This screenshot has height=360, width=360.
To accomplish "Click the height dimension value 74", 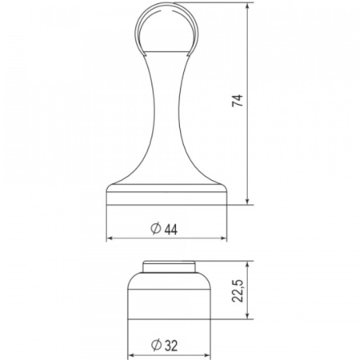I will coord(238,102).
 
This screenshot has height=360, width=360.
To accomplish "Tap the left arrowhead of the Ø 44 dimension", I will coord(110,238).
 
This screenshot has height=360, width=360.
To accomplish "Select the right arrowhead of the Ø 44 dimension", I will coord(224,238).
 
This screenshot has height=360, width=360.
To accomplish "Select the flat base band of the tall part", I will coord(167,197).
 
